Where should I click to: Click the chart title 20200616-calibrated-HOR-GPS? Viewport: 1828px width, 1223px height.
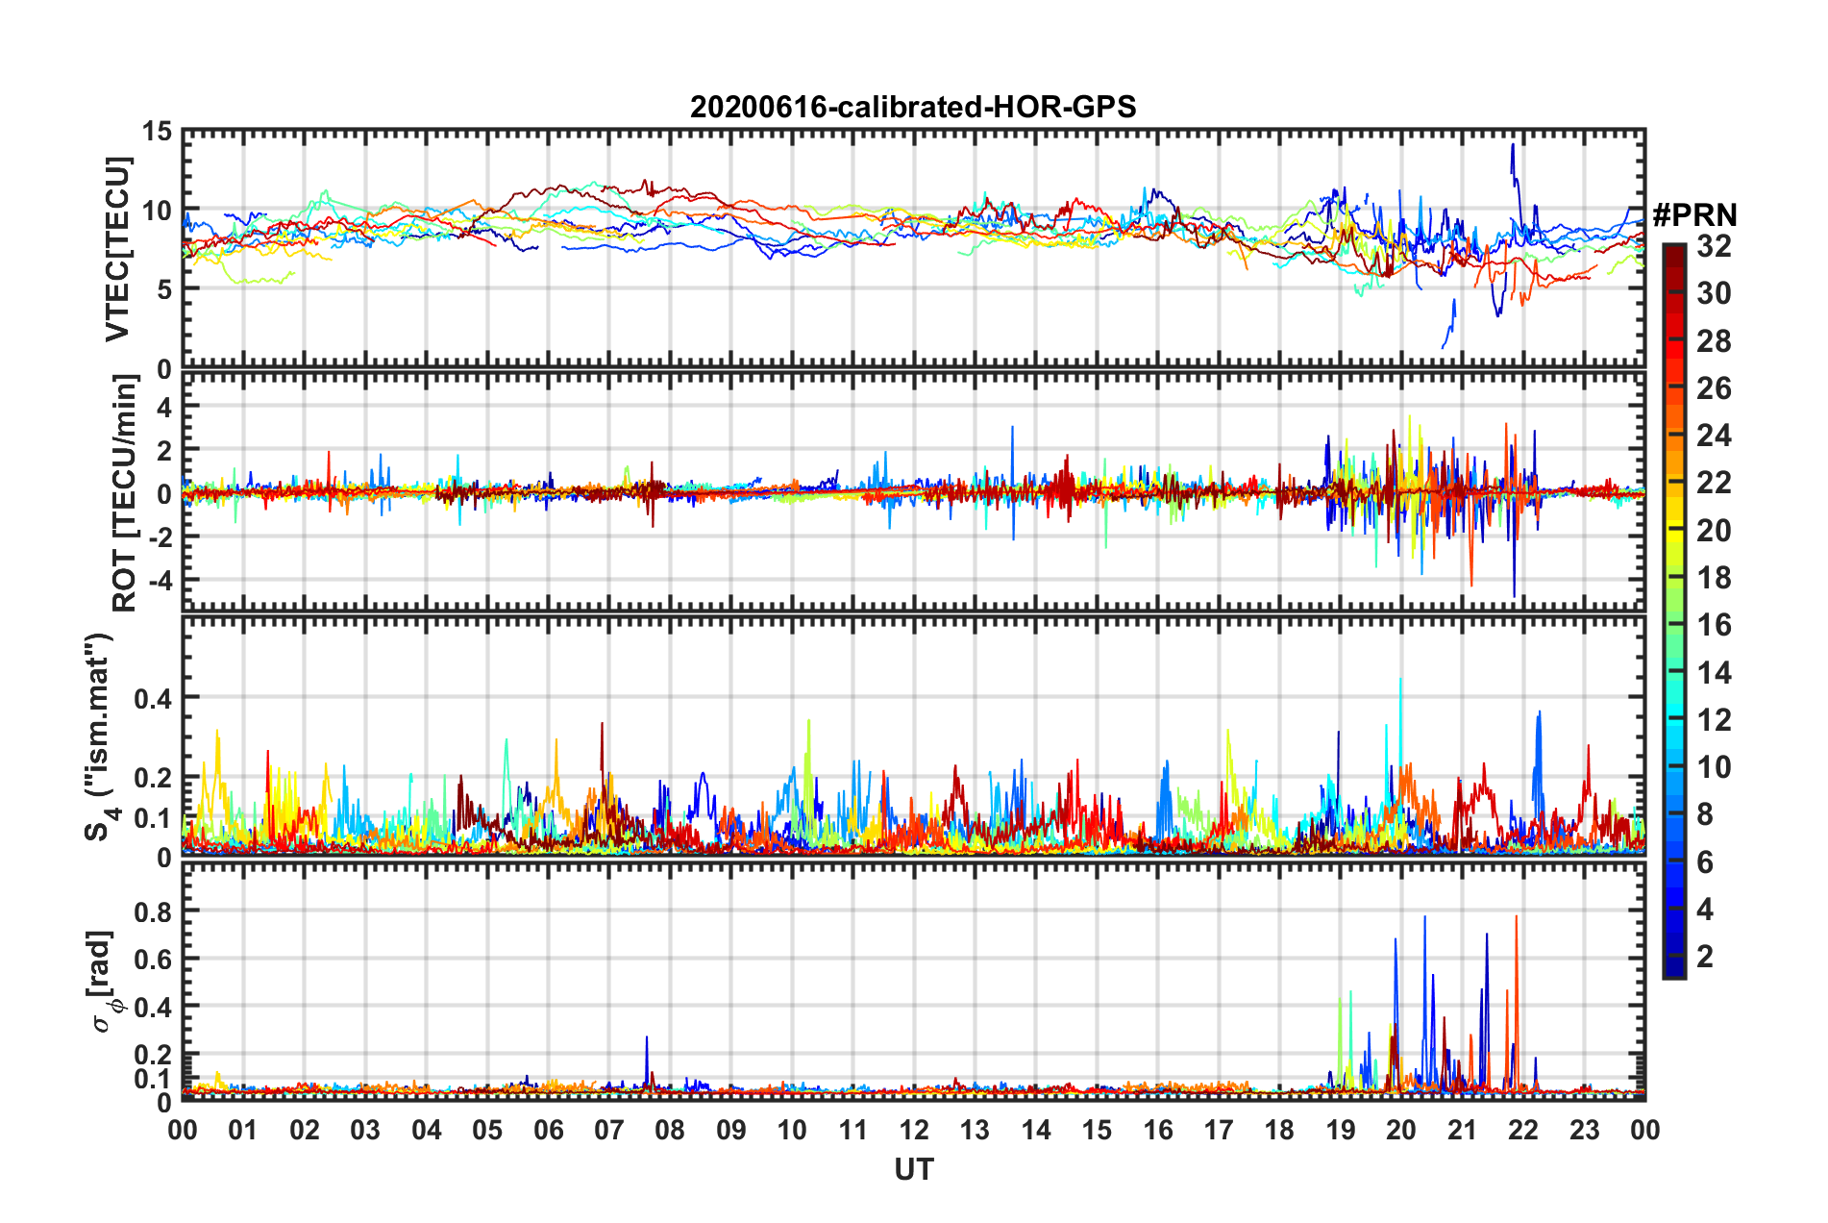pyautogui.click(x=913, y=107)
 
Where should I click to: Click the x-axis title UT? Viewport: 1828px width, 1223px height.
pyautogui.click(x=913, y=1169)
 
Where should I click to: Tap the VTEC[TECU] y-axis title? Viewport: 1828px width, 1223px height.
pyautogui.click(x=117, y=249)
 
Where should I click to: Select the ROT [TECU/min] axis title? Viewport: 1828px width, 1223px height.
pyautogui.click(x=124, y=492)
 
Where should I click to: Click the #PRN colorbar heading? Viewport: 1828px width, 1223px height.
pyautogui.click(x=1694, y=214)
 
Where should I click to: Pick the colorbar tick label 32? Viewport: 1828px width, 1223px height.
pyautogui.click(x=1714, y=246)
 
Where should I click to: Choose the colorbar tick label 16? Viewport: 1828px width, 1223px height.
pyautogui.click(x=1714, y=625)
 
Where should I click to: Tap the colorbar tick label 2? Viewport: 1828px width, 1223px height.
pyautogui.click(x=1706, y=956)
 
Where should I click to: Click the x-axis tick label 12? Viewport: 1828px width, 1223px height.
pyautogui.click(x=913, y=1130)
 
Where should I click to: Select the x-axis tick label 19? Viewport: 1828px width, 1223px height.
pyautogui.click(x=1340, y=1130)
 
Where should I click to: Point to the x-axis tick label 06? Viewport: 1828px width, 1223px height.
pyautogui.click(x=548, y=1130)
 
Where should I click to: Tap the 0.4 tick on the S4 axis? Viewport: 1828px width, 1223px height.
pyautogui.click(x=153, y=698)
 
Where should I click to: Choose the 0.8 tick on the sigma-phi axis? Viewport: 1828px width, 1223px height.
pyautogui.click(x=153, y=911)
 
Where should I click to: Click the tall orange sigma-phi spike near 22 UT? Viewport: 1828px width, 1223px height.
pyautogui.click(x=1517, y=919)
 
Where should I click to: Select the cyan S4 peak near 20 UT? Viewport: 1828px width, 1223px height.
pyautogui.click(x=1400, y=681)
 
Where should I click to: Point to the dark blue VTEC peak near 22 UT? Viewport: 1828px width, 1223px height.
pyautogui.click(x=1513, y=146)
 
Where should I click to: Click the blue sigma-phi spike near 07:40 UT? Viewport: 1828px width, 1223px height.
pyautogui.click(x=647, y=1038)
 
